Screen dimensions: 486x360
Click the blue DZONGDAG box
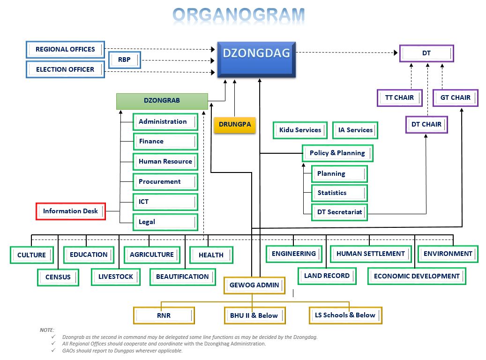[257, 59]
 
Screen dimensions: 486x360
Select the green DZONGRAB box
[162, 101]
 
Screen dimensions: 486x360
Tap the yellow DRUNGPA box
[235, 125]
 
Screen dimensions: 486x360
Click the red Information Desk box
[71, 211]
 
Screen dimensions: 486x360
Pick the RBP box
[125, 60]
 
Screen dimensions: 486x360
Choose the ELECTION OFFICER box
[65, 69]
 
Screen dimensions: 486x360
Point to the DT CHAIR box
[426, 125]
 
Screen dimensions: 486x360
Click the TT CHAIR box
[399, 98]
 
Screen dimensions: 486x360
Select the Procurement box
[165, 182]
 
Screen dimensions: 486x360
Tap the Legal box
[165, 222]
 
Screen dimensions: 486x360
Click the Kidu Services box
[300, 130]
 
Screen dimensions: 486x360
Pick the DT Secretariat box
[339, 212]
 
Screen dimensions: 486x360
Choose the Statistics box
[339, 193]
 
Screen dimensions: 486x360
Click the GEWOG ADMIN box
[254, 285]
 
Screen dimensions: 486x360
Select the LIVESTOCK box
[116, 277]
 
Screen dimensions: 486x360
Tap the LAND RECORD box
[327, 276]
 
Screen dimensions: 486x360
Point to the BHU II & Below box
[254, 315]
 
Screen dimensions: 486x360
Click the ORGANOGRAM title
[239, 15]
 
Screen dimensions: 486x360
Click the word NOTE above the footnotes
[47, 330]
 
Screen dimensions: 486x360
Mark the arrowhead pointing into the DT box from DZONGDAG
[396, 52]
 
